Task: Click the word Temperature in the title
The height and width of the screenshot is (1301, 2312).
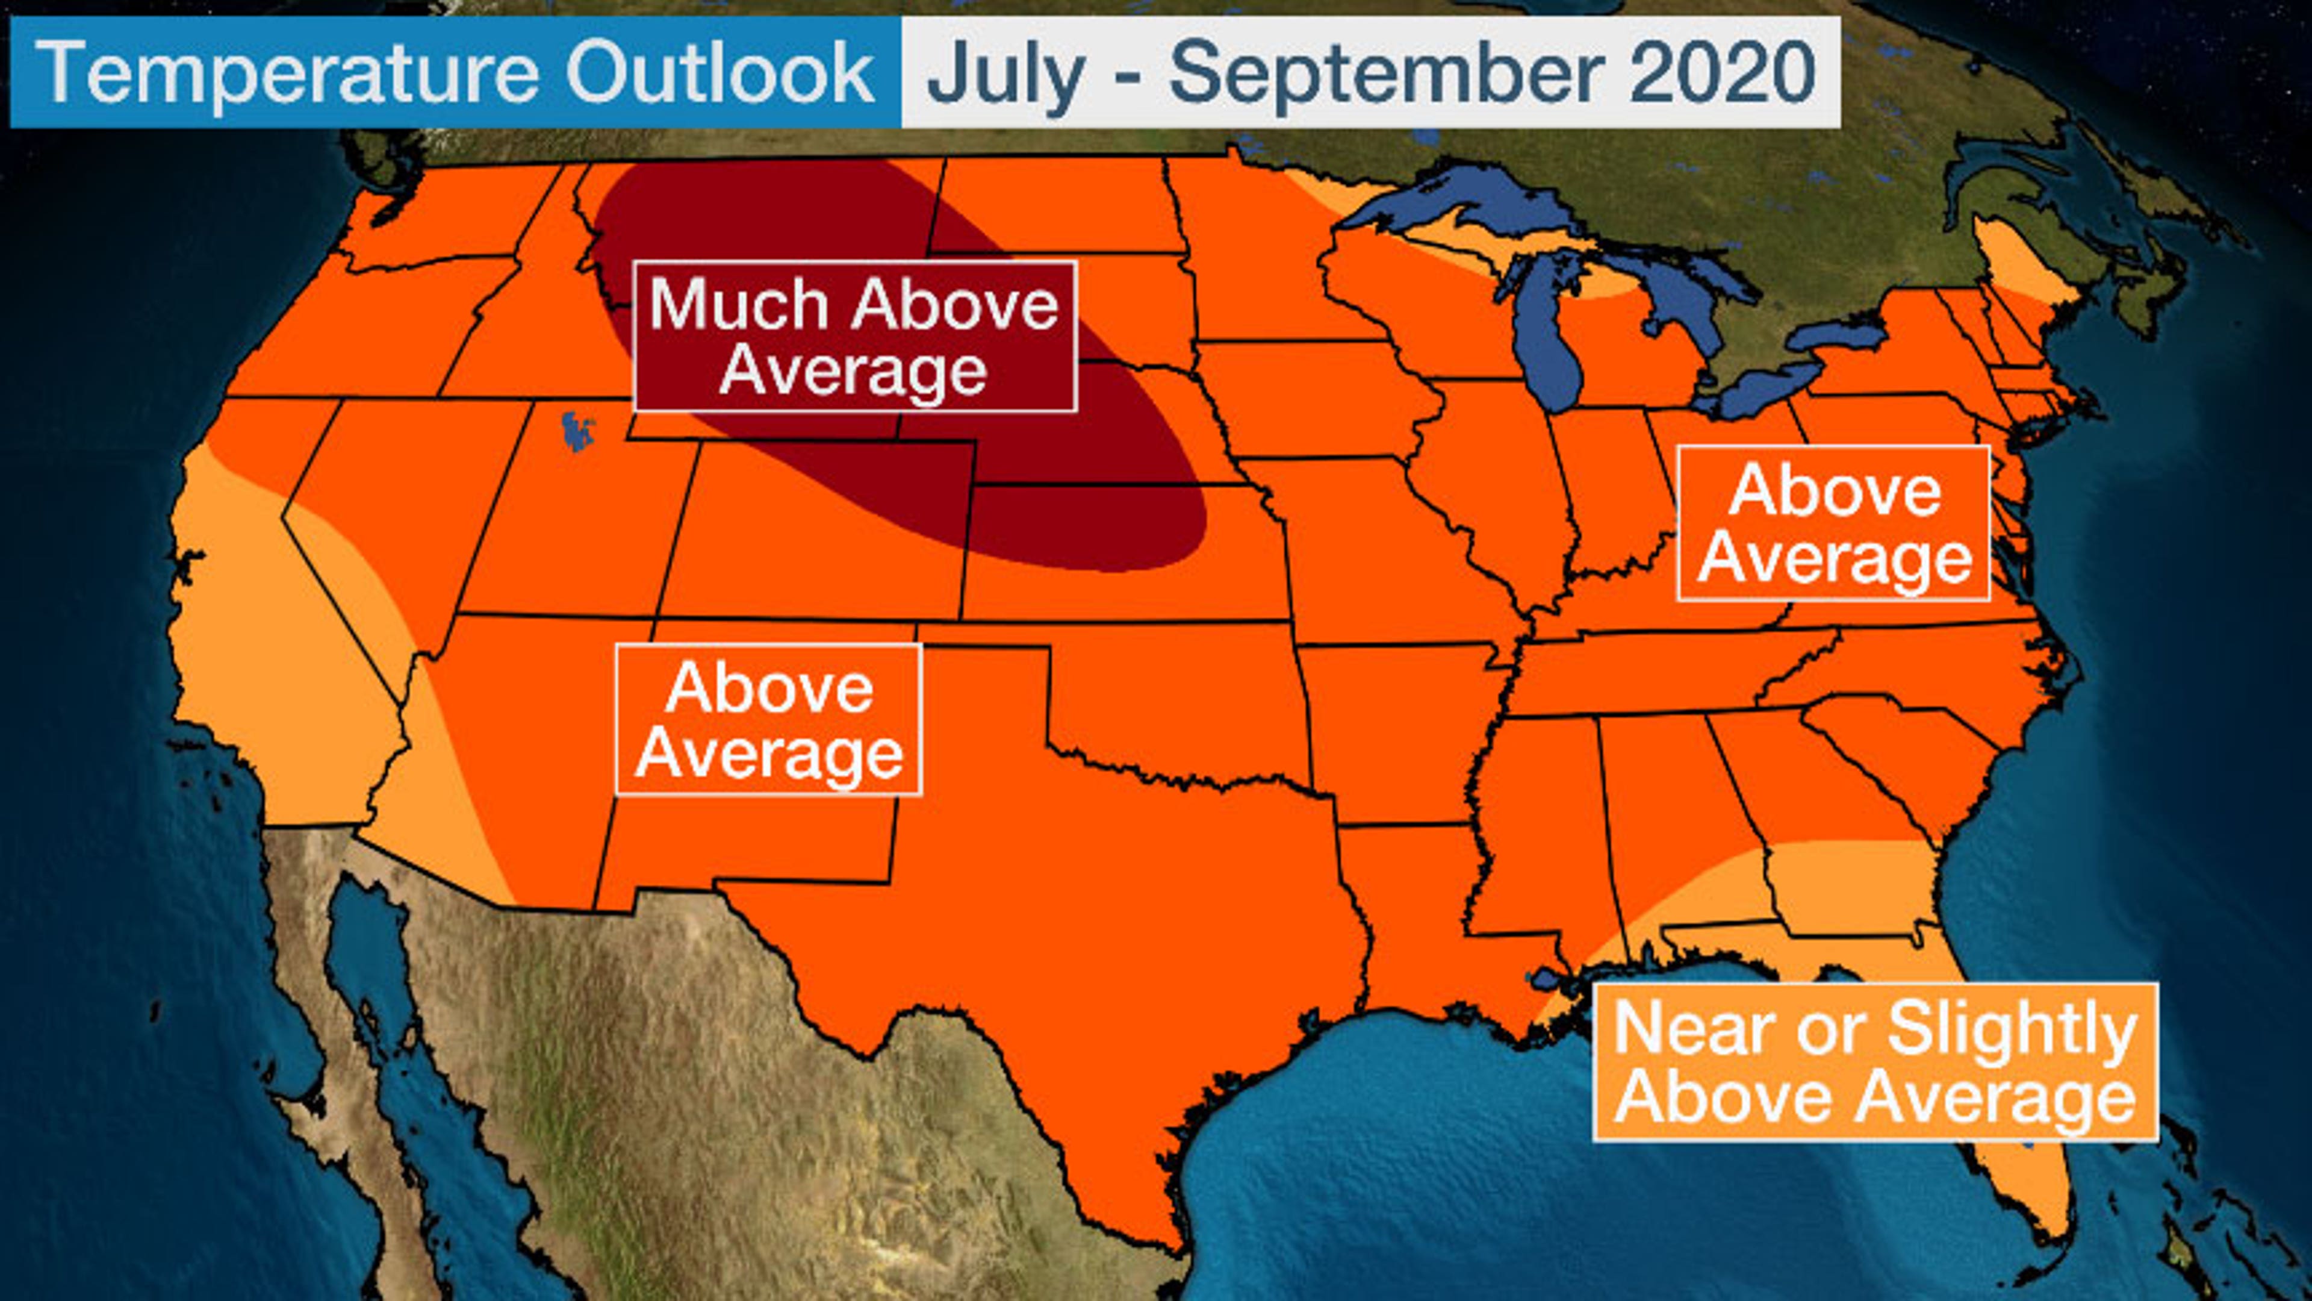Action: (287, 72)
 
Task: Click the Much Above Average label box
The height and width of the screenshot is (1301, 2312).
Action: (854, 337)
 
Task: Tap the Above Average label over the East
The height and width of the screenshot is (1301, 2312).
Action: (1833, 523)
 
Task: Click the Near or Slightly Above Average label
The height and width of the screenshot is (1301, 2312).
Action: (1875, 1062)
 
